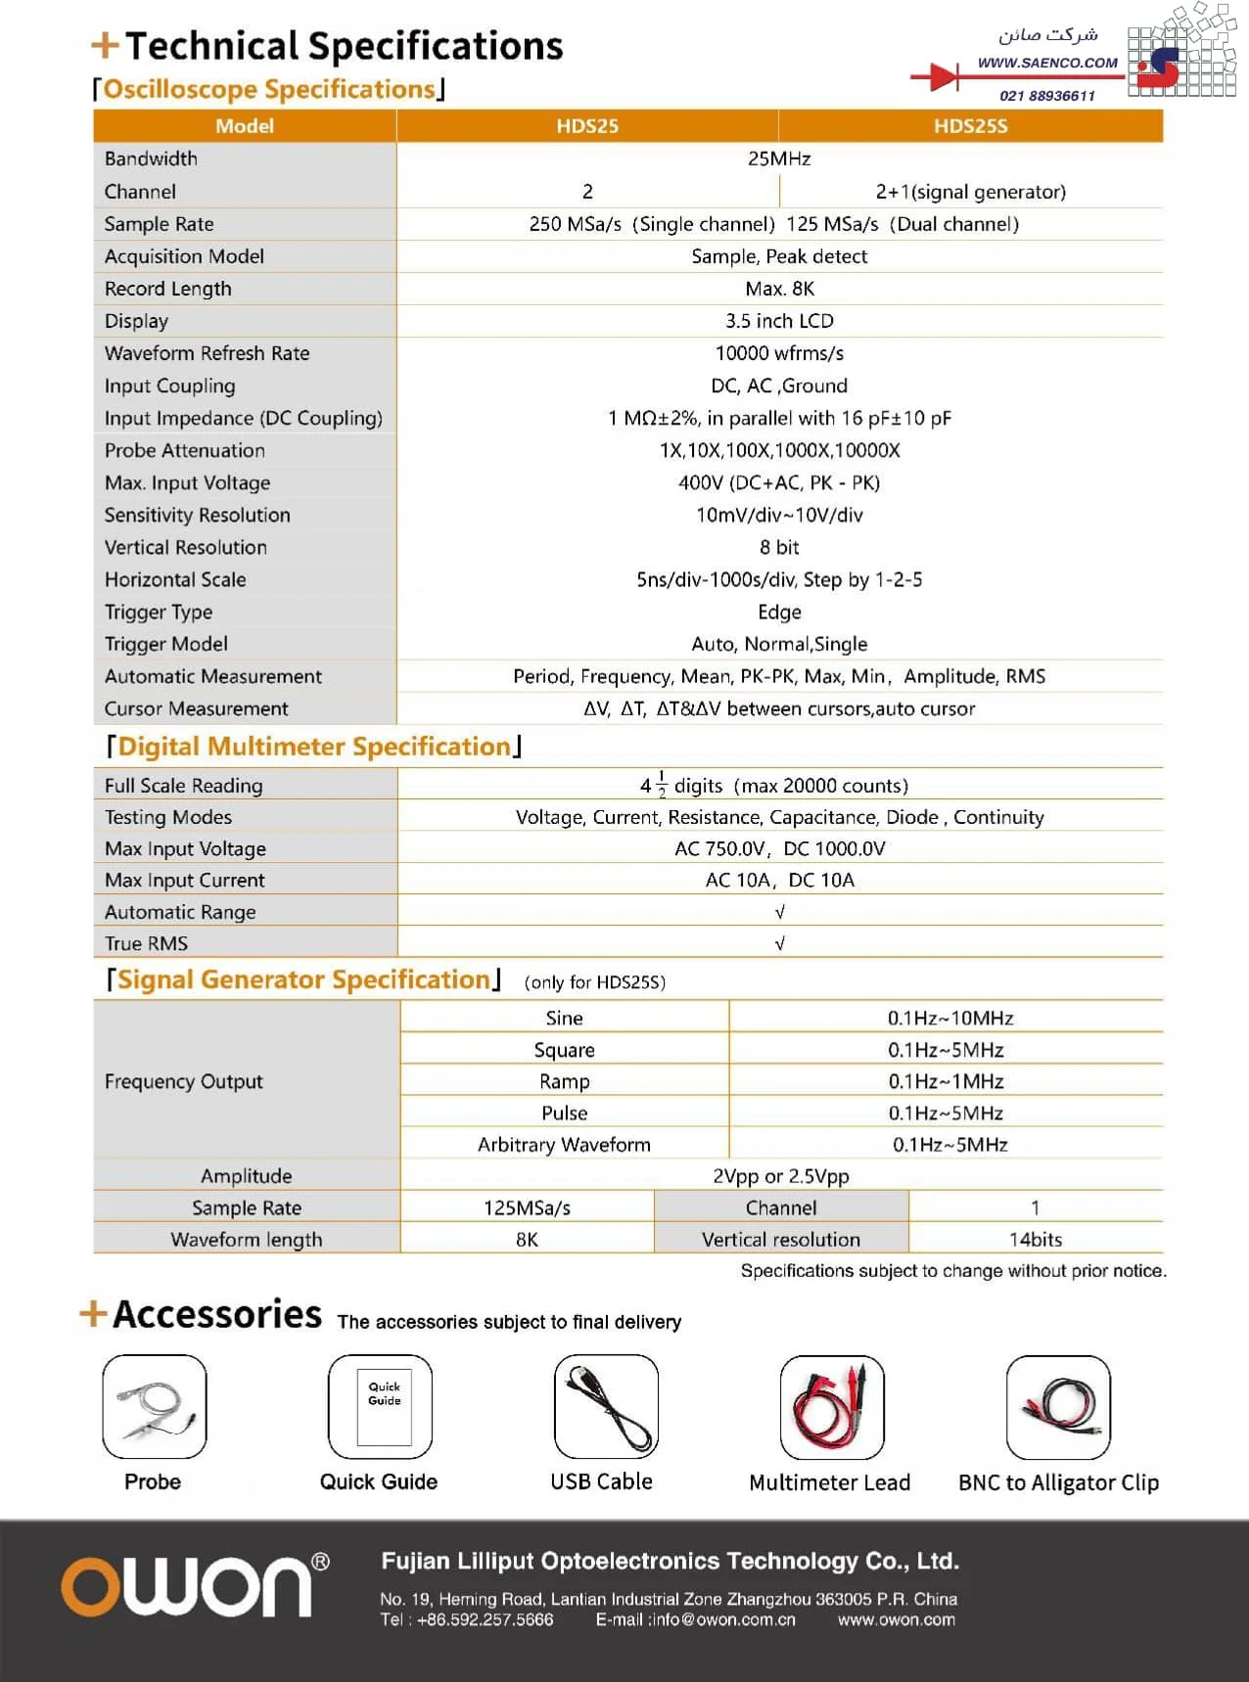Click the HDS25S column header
pos(970,126)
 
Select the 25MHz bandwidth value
pos(779,159)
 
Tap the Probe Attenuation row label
pos(185,450)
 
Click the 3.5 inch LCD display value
pos(779,321)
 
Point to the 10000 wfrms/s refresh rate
pos(779,353)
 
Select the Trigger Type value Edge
pos(779,612)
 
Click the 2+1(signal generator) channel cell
pos(970,192)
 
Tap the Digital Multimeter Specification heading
pos(314,747)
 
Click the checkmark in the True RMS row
pos(779,943)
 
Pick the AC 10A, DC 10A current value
pos(779,880)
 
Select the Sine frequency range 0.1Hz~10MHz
pos(949,1018)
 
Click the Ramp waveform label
pos(564,1081)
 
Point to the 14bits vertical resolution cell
pos(1035,1239)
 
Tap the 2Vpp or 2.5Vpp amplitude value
pos(779,1176)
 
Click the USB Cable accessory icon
pos(606,1406)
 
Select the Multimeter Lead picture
pos(831,1406)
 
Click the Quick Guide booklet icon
pos(380,1406)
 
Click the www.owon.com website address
pos(896,1619)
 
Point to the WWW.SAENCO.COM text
pos(1047,63)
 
